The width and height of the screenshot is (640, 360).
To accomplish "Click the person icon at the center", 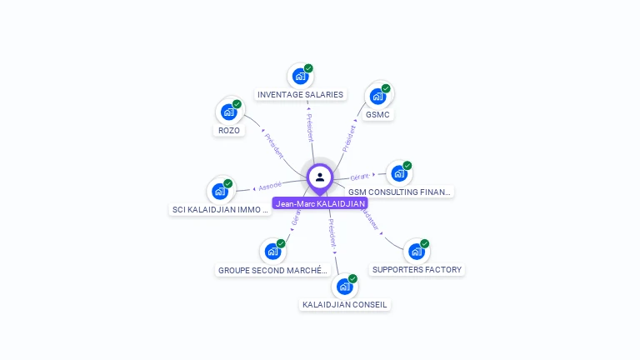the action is pyautogui.click(x=320, y=177).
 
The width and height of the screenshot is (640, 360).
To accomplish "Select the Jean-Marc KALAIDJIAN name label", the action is pyautogui.click(x=320, y=203).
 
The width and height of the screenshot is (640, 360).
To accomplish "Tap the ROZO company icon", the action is pyautogui.click(x=227, y=112).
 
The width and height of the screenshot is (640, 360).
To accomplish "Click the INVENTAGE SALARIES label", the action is pyautogui.click(x=300, y=94).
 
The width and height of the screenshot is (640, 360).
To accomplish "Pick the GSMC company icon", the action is pyautogui.click(x=377, y=96).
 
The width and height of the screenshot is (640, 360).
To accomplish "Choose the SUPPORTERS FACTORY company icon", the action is pyautogui.click(x=416, y=251).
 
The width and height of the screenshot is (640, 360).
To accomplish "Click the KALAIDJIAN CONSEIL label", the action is pyautogui.click(x=344, y=304).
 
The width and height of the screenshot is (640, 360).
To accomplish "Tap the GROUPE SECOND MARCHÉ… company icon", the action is pyautogui.click(x=272, y=251).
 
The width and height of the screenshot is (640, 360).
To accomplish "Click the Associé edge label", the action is pyautogui.click(x=270, y=185).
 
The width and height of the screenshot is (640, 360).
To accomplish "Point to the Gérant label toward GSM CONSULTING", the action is pyautogui.click(x=360, y=177).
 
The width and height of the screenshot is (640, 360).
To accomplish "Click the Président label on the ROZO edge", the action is pyautogui.click(x=274, y=145).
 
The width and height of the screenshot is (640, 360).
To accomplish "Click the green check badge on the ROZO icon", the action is pyautogui.click(x=237, y=104).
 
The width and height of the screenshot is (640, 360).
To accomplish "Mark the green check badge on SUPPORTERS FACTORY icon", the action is pyautogui.click(x=425, y=243).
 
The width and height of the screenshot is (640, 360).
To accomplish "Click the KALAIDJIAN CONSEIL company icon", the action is pyautogui.click(x=343, y=286).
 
